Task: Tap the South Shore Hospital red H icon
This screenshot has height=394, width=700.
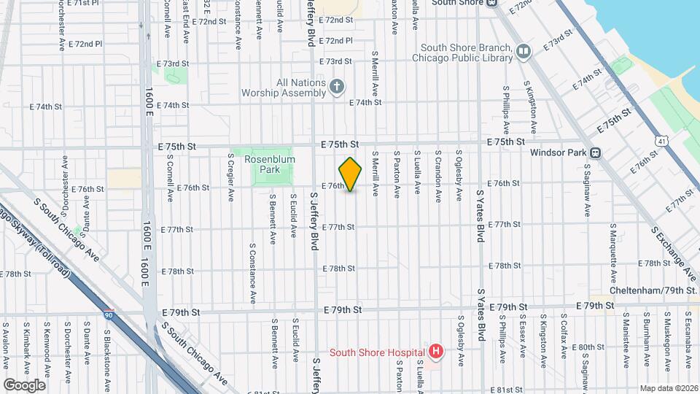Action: [x=436, y=352]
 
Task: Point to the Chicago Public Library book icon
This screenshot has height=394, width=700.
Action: [x=523, y=51]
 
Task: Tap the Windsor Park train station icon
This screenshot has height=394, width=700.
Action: [x=595, y=153]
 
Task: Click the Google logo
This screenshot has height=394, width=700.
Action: [x=24, y=385]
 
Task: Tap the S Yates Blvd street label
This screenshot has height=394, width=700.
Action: [x=481, y=218]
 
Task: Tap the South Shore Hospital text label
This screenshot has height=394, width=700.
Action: [x=376, y=352]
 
